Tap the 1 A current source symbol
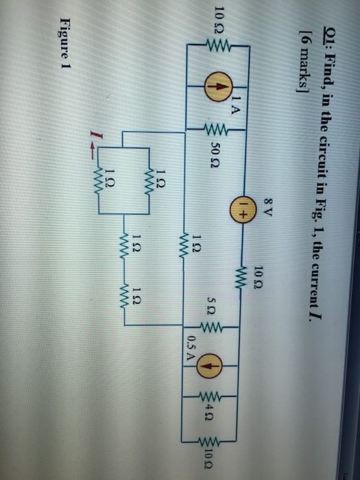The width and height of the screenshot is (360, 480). [218, 86]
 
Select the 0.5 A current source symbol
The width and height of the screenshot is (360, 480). [211, 365]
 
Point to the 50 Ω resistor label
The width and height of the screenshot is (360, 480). [215, 156]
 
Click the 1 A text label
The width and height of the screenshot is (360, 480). [234, 105]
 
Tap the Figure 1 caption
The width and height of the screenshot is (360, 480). [65, 42]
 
